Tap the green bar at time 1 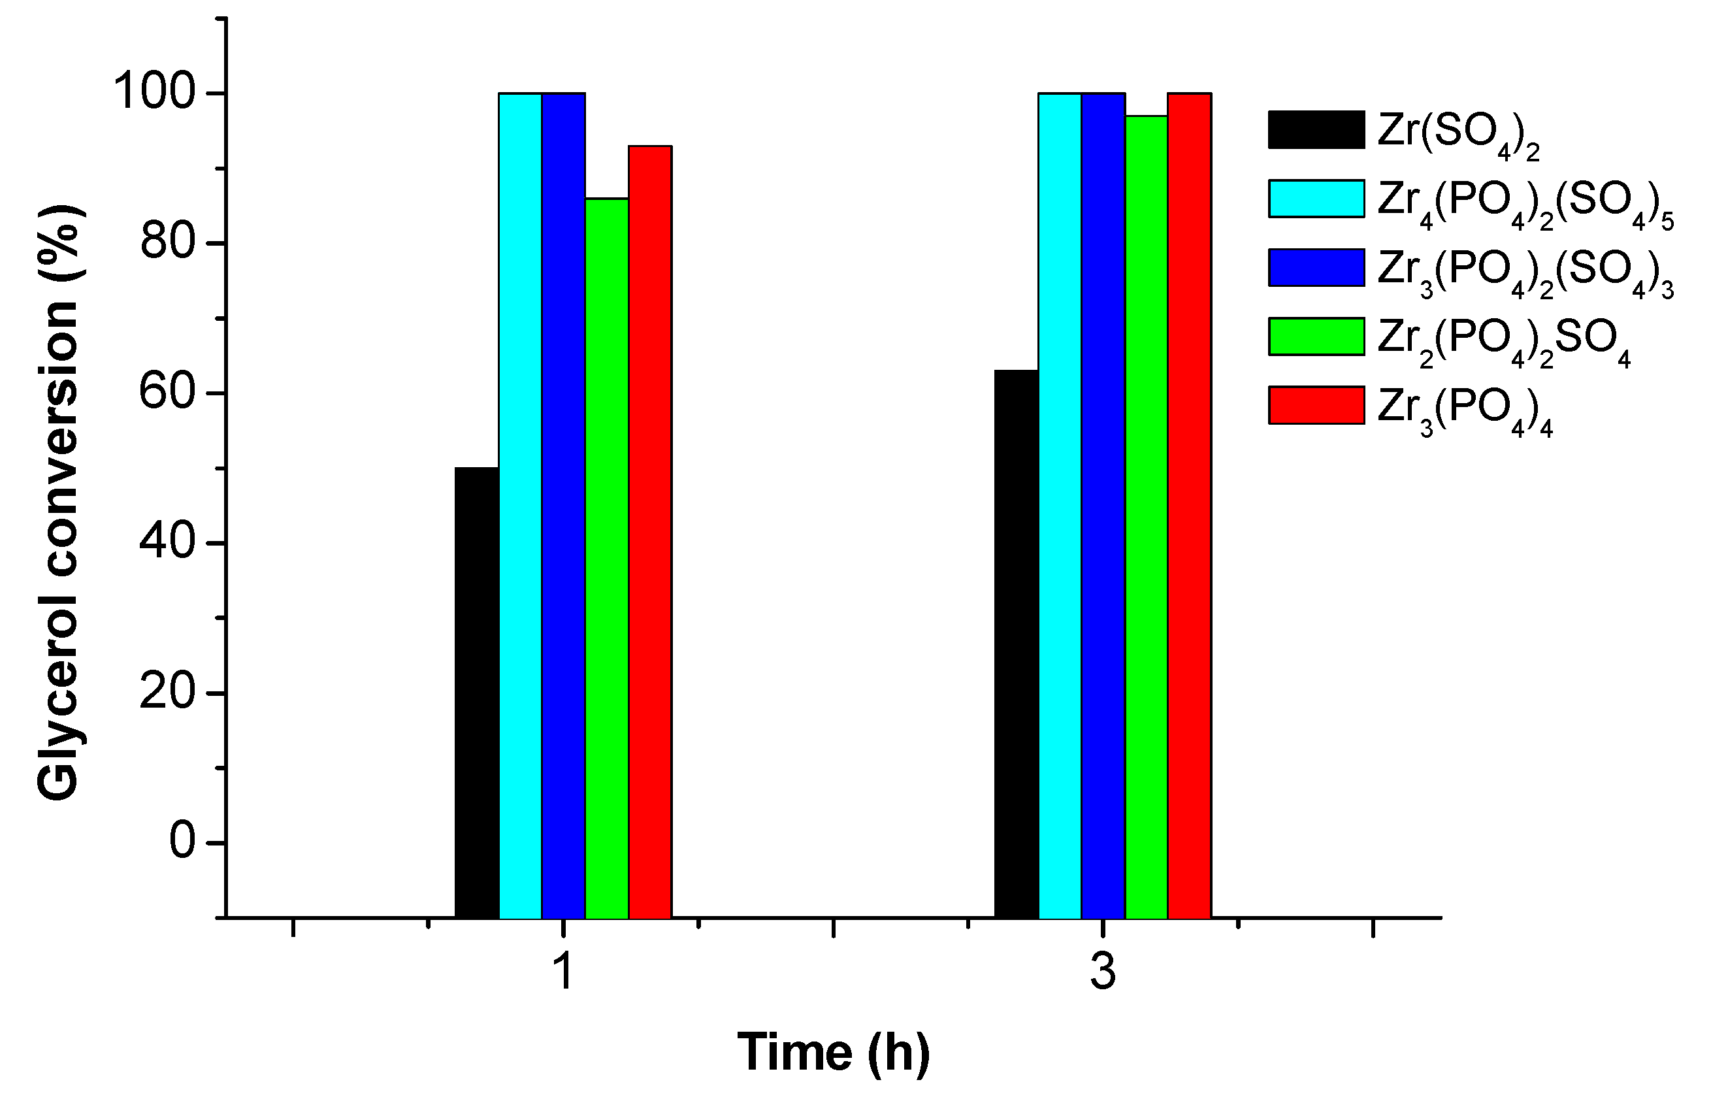coord(607,558)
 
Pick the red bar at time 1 coord(650,532)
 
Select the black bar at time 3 coord(1016,644)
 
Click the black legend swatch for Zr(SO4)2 coord(1316,129)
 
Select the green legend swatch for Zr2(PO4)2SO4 coord(1316,336)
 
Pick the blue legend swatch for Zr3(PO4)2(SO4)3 coord(1316,267)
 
